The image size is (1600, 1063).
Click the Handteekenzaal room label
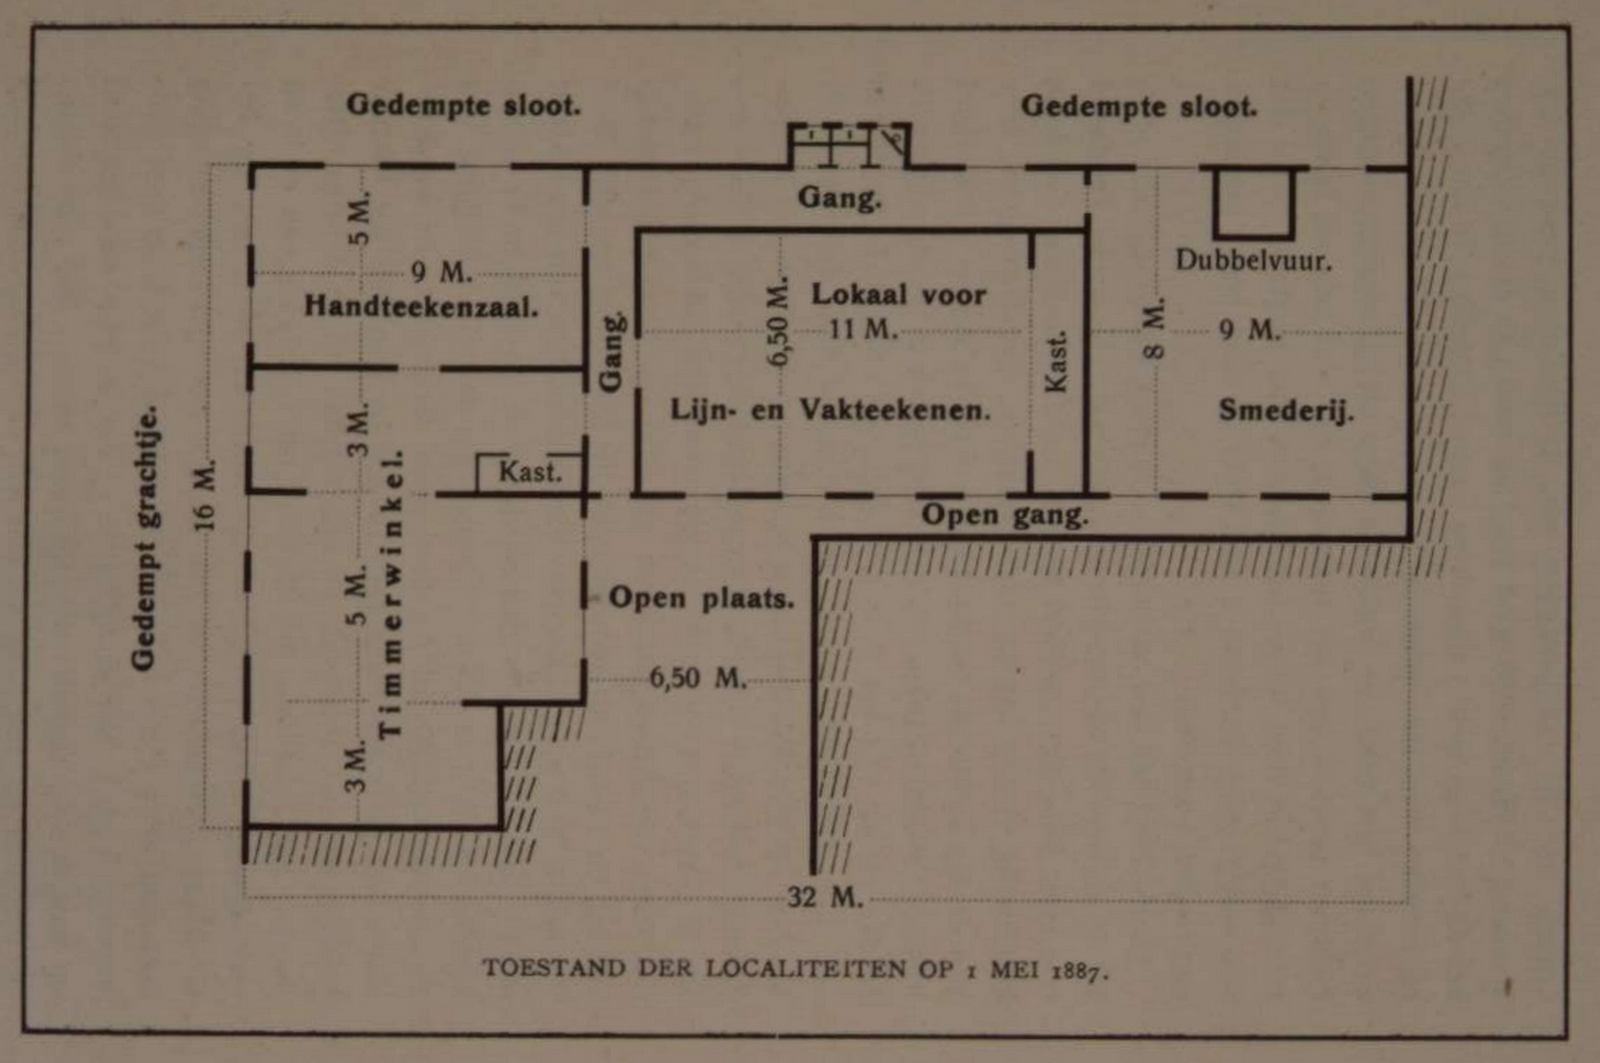(421, 306)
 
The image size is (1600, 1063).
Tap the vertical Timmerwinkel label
(390, 594)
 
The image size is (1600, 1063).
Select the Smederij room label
(1286, 410)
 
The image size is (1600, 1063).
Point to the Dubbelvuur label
(1253, 261)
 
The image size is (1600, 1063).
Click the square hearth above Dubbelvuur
(1253, 203)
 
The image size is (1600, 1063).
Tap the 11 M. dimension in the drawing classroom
(862, 330)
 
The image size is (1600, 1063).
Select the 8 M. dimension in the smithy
(1154, 328)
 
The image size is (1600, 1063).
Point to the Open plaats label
(701, 599)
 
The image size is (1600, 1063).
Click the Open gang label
(1005, 515)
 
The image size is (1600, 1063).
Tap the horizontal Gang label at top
(839, 198)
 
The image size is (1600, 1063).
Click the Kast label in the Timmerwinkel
(530, 473)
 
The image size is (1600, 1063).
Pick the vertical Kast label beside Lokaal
(1056, 361)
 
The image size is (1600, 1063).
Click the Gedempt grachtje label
(145, 537)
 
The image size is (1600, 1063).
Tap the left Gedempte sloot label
(464, 105)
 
